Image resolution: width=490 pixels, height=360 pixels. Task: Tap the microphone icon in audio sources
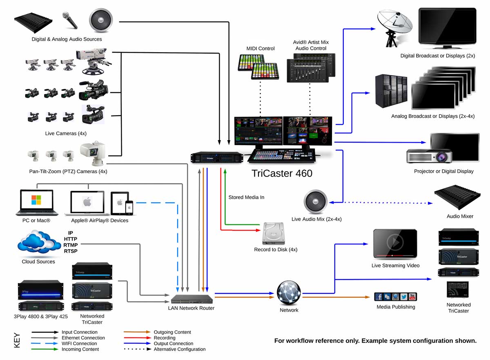coord(70,20)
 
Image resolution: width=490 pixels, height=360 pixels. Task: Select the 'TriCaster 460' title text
coord(282,173)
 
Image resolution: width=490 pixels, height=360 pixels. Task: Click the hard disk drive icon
coord(274,234)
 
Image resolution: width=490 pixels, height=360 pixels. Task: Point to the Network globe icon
coord(289,293)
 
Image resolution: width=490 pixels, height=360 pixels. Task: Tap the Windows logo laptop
coord(37,202)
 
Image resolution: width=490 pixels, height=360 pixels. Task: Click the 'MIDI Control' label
coord(261,49)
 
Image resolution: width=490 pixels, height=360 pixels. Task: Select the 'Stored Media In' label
coord(246,197)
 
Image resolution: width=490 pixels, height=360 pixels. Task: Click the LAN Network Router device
coord(192,299)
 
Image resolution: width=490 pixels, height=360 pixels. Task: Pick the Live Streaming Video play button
coord(395,243)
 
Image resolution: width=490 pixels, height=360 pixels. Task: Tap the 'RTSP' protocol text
coord(71,251)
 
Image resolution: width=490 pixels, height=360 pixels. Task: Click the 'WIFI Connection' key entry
coord(80,344)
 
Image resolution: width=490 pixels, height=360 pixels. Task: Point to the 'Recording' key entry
coord(165,338)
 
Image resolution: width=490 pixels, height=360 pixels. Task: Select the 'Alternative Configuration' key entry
coord(180,349)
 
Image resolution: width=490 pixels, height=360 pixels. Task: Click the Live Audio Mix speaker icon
coord(316,202)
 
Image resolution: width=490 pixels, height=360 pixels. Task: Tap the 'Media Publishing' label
coord(396,307)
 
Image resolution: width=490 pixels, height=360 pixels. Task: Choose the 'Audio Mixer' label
coord(460,216)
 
